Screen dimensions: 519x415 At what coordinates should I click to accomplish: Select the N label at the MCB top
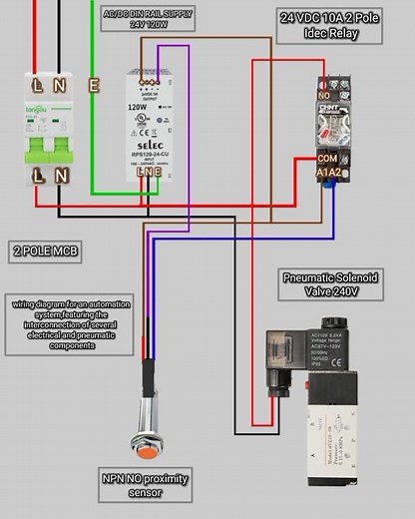point(60,85)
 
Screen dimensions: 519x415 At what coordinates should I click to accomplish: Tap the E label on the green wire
point(93,85)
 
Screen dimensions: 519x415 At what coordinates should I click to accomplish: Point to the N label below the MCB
point(60,176)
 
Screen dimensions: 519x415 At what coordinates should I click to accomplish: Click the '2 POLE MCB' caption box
point(46,252)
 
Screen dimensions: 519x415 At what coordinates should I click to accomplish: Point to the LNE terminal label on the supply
point(149,172)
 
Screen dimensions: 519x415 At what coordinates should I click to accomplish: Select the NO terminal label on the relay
point(324,95)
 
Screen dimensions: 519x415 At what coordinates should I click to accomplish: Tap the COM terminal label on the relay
point(327,159)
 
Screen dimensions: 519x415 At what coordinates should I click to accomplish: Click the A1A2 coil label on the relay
point(329,174)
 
